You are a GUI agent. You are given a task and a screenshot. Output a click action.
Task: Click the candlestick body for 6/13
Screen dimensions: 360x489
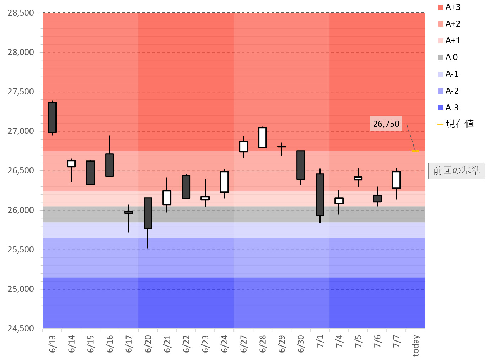[52, 117]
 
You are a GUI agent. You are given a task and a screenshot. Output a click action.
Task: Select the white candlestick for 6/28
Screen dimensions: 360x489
[263, 137]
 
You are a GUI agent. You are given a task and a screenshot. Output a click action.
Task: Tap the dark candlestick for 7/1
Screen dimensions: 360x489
[320, 195]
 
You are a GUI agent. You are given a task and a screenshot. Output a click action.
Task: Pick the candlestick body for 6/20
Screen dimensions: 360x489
[148, 213]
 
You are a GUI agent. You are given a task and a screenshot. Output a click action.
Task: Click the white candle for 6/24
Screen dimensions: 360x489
[224, 182]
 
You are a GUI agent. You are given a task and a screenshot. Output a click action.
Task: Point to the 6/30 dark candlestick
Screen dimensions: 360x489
[301, 165]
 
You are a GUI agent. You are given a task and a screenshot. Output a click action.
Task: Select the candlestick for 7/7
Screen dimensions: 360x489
[396, 180]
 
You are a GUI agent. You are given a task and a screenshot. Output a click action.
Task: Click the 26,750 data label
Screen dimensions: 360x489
[386, 124]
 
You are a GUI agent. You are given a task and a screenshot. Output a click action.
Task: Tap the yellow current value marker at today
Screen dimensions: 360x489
[415, 151]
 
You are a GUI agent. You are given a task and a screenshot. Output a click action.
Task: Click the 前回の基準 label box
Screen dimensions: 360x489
[457, 171]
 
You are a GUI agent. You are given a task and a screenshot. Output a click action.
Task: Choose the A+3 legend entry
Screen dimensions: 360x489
[450, 7]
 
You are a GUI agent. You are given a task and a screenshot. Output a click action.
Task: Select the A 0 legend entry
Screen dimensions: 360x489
[448, 57]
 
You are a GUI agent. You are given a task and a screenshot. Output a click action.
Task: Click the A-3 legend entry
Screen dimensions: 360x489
[449, 108]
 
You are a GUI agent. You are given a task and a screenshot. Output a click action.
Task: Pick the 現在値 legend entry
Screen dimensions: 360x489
[456, 124]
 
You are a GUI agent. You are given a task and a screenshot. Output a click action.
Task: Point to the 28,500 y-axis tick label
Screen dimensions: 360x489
[21, 13]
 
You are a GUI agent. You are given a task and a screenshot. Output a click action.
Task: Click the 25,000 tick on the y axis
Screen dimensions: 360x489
[21, 289]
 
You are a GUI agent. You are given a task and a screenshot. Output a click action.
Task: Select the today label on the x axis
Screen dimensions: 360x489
[416, 345]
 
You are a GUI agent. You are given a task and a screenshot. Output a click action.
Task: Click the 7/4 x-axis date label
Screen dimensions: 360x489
[339, 342]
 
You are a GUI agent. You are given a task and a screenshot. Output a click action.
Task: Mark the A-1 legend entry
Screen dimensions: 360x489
[449, 74]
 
